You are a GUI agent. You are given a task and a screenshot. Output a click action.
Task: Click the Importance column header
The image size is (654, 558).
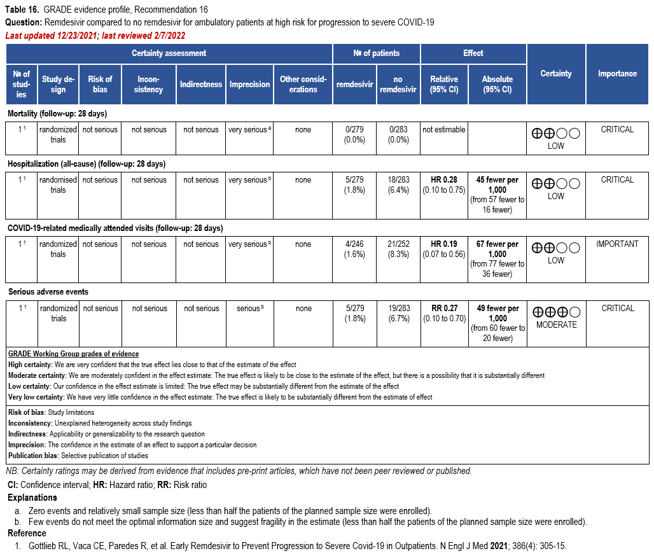pos(617,74)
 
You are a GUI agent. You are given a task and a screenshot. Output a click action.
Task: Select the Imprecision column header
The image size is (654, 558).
pos(249,84)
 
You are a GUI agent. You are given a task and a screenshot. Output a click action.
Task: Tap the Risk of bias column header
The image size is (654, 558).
pos(100,84)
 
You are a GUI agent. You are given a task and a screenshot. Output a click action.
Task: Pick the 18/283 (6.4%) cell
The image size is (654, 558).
pos(399,185)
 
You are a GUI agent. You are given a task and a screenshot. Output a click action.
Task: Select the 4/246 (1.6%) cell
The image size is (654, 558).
pos(355,249)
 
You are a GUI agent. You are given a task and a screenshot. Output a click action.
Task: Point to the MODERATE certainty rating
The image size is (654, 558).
pos(556,324)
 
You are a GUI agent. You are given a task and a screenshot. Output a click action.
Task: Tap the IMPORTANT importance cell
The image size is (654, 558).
pos(617,244)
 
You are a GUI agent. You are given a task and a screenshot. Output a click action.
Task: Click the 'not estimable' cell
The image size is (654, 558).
pos(443,130)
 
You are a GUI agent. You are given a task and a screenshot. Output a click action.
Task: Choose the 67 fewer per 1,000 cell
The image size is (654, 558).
pos(497,259)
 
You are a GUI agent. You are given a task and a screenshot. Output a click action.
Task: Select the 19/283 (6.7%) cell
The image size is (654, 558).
pos(399,314)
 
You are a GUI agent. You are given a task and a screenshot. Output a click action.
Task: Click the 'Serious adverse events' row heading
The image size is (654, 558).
pos(48,292)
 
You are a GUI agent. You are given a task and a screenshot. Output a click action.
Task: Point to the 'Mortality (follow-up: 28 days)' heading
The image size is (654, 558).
pos(57,114)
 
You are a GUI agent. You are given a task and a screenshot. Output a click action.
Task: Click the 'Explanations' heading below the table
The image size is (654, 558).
pos(32,498)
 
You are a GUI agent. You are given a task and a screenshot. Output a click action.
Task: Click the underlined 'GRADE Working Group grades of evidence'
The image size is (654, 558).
pos(73,354)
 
